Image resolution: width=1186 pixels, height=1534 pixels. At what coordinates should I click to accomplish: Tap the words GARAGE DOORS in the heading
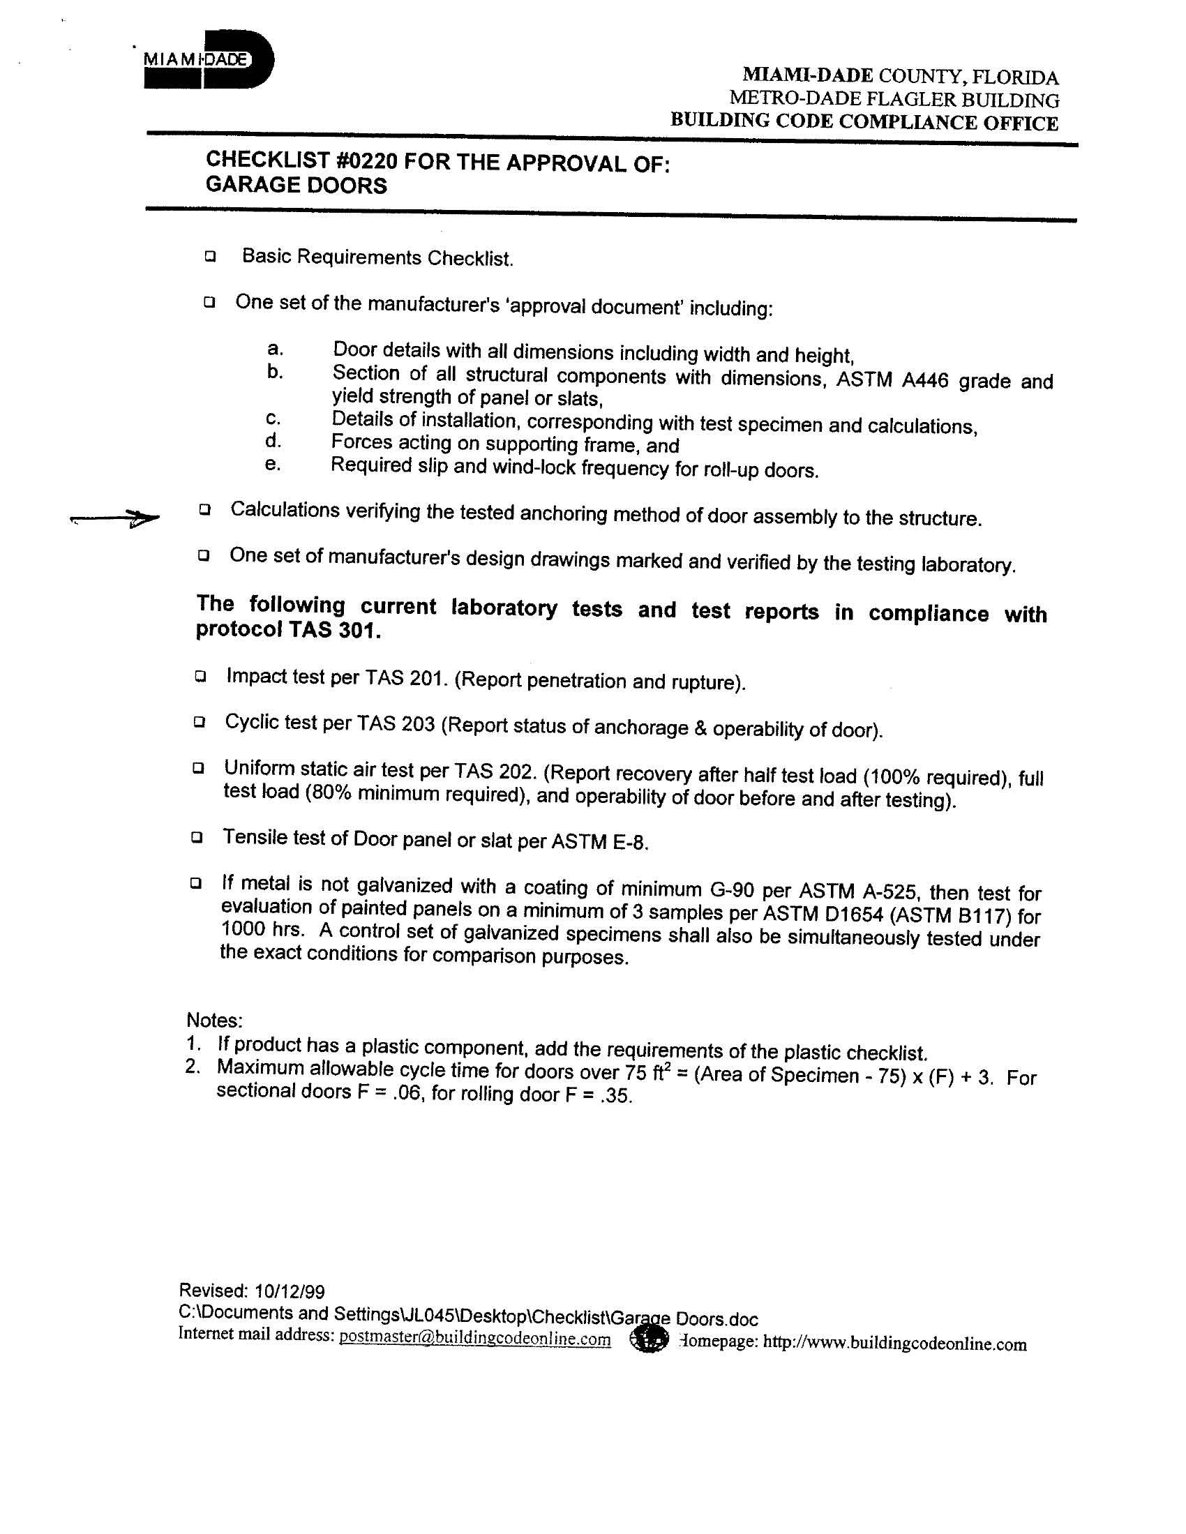point(296,186)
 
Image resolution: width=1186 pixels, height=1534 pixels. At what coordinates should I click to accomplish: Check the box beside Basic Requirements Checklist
point(210,257)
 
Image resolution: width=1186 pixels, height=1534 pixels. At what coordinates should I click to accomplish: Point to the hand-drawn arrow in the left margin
point(116,519)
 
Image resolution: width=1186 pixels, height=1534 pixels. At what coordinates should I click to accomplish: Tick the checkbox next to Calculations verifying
point(204,509)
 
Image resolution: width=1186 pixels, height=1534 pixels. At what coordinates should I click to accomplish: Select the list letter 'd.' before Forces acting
point(273,441)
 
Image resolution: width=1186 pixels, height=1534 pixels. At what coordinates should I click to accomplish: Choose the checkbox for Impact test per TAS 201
point(201,677)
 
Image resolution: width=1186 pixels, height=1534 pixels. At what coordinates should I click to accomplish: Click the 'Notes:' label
point(214,1019)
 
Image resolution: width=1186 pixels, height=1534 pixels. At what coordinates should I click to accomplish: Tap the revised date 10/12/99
point(290,1291)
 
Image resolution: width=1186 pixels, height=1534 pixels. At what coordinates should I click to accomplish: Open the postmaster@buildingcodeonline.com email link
point(474,1338)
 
